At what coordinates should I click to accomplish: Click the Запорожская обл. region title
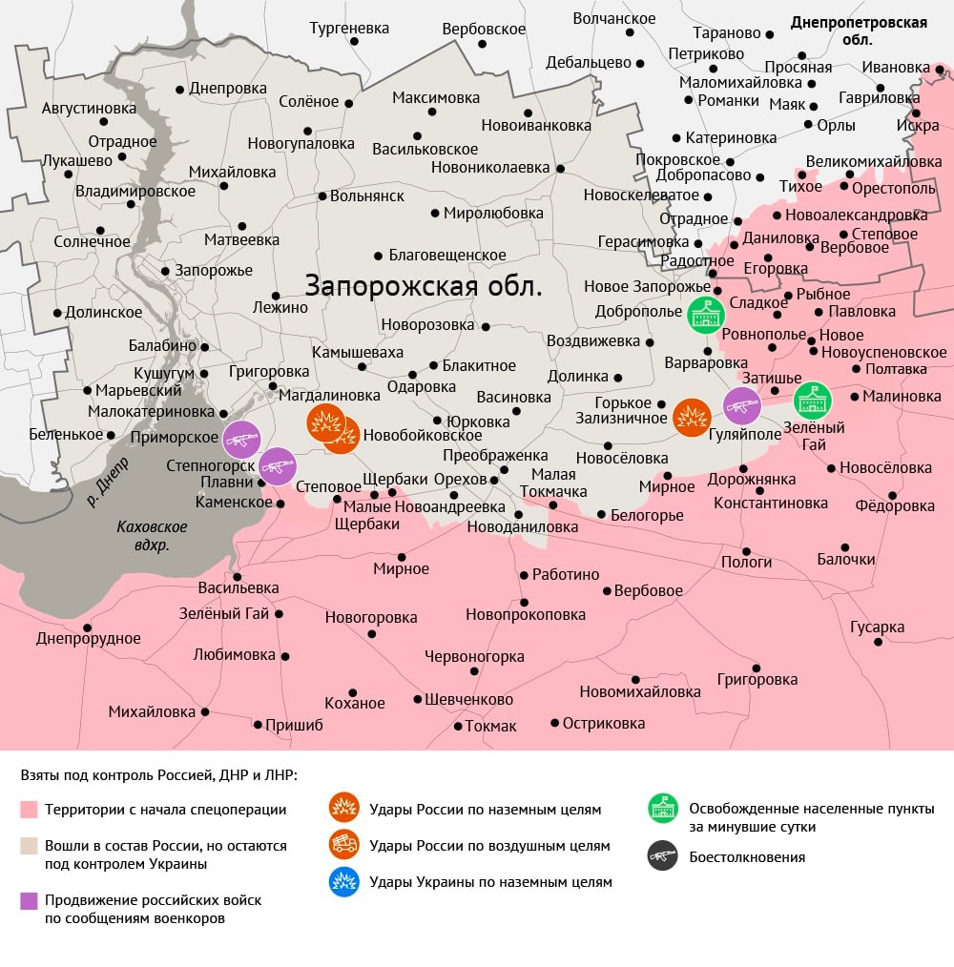pos(424,285)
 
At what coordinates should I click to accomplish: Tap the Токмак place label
pos(490,726)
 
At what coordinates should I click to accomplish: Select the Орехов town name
pos(460,478)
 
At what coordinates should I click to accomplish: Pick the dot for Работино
pos(524,575)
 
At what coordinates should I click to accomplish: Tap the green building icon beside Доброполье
pos(705,315)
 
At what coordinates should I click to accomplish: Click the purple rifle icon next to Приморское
pos(241,439)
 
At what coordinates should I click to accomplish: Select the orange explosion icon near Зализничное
pos(692,417)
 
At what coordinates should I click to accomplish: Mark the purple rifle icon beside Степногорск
pos(278,466)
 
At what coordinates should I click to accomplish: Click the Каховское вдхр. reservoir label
pos(152,536)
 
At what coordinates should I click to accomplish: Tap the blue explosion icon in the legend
pos(343,882)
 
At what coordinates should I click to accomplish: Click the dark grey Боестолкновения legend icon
pos(662,856)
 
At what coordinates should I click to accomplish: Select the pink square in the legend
pos(29,810)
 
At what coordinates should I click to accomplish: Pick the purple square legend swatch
pos(29,900)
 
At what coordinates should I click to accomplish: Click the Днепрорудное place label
pos(89,639)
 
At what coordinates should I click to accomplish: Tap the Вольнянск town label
pos(366,195)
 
